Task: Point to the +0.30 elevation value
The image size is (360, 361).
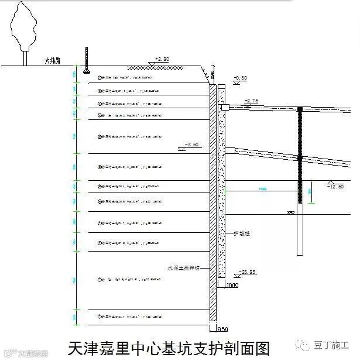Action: coord(241,78)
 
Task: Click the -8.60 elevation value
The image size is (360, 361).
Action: coord(191,143)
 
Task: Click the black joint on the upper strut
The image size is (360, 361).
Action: coord(300,109)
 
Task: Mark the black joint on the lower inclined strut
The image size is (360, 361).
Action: coord(300,157)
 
